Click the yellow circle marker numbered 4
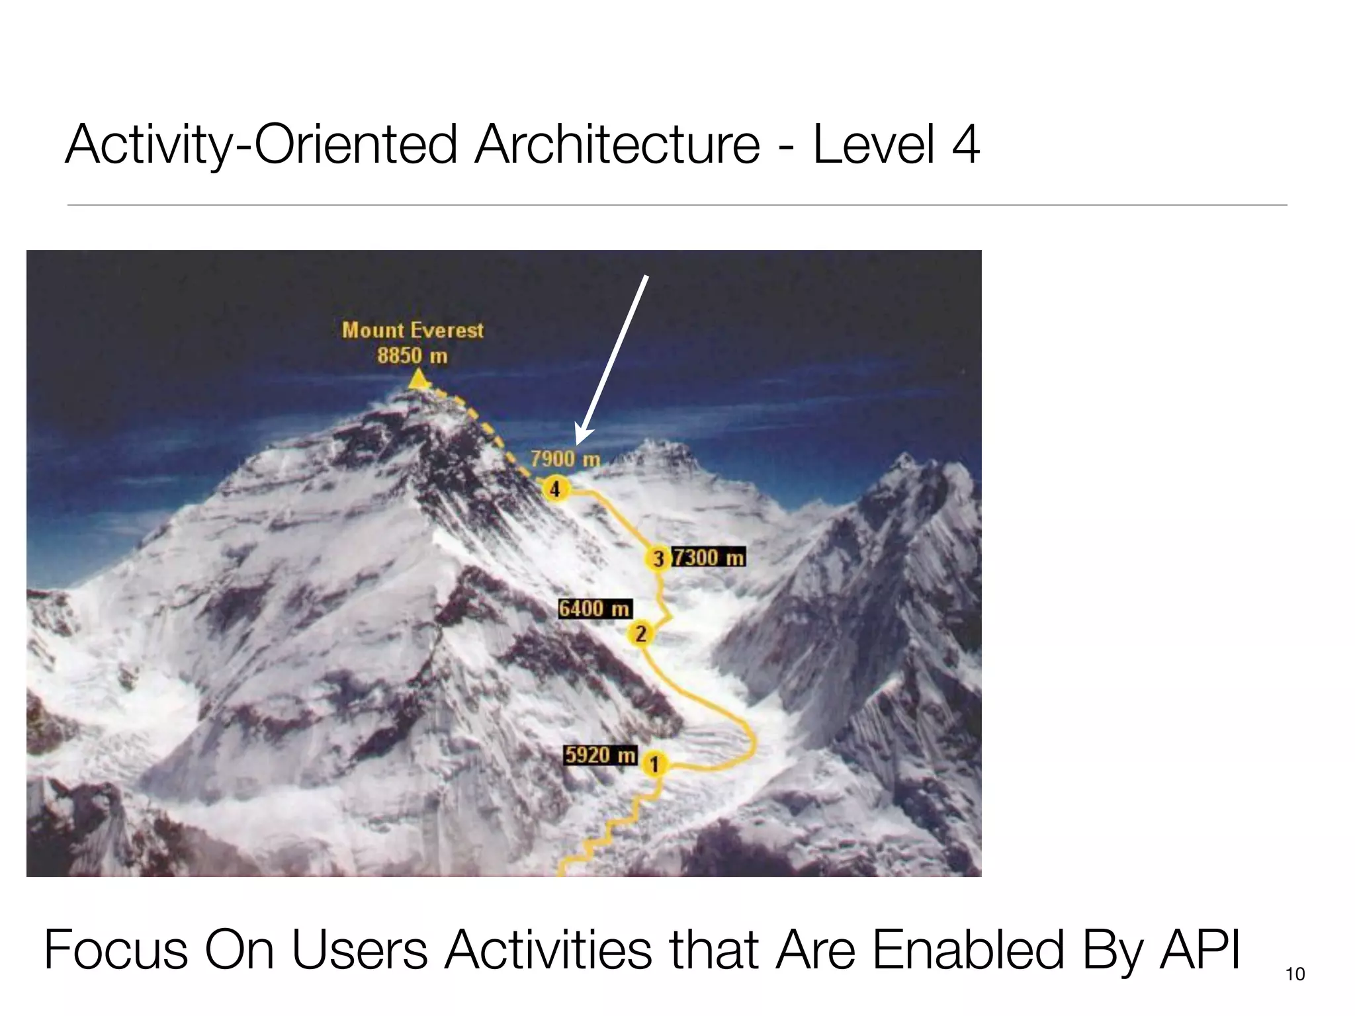555,489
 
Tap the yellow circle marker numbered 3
658,559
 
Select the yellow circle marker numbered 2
640,634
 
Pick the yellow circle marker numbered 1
654,765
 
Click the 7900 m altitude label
565,458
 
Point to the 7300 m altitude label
709,558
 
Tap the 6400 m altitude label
594,609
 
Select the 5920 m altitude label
600,755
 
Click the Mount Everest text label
413,330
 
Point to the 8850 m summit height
412,356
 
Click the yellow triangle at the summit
418,380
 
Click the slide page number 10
1295,974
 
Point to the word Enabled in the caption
967,950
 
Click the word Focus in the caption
116,950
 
